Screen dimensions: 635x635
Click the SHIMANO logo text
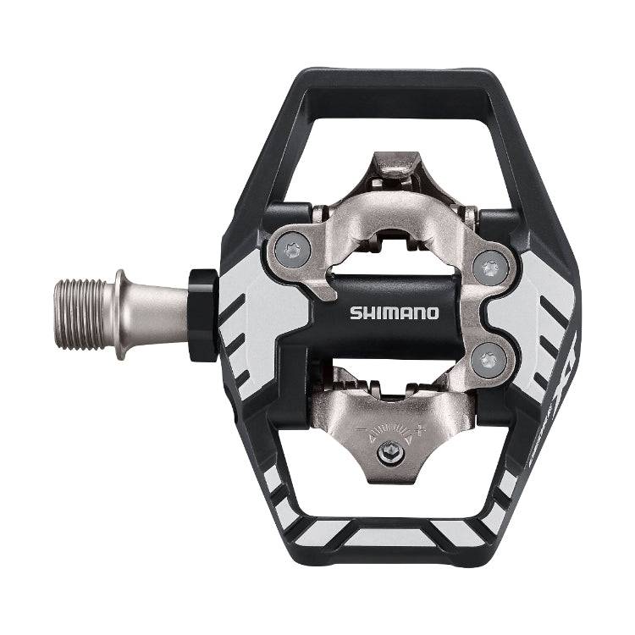coord(395,312)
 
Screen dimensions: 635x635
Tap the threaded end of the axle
coord(84,313)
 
